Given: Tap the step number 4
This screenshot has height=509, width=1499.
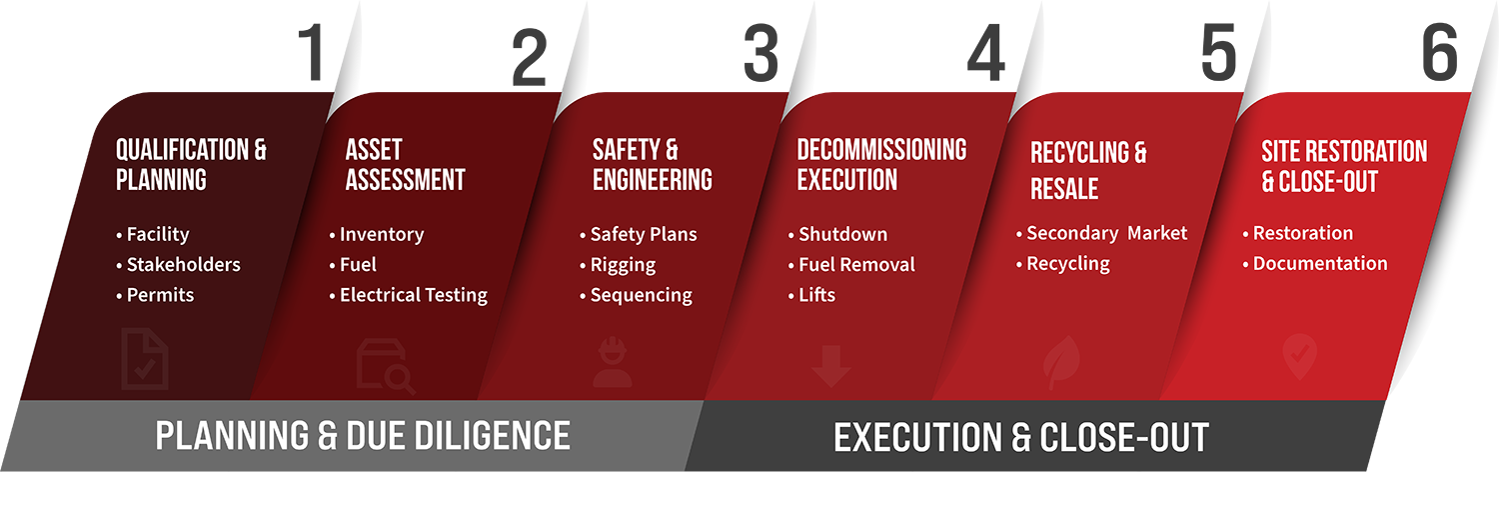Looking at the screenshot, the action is point(986,53).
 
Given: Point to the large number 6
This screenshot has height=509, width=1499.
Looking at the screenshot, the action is point(1439,52).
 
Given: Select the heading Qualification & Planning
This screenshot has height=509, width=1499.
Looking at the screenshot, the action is point(191,165).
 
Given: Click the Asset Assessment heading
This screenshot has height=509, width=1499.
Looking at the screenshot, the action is point(405,165).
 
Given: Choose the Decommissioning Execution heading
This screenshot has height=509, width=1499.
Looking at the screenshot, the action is point(881,165).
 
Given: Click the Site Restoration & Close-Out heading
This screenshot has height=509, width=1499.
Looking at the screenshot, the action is point(1344,166).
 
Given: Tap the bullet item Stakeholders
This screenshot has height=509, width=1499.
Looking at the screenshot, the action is point(178,265).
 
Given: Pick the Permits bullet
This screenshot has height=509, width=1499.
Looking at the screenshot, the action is point(155,295).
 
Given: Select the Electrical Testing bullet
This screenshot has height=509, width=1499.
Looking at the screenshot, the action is point(408,295).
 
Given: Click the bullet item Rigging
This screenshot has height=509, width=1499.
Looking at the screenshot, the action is point(618,265).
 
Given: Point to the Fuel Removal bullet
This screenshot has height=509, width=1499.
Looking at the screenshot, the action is point(851,265).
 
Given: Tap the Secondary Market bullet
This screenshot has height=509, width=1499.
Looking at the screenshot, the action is point(1101,233).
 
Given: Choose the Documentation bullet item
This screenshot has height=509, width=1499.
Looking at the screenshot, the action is point(1315,263).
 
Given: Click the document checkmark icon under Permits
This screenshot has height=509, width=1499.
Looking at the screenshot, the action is point(145,359).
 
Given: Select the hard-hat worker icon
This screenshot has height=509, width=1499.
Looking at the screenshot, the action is point(613,362).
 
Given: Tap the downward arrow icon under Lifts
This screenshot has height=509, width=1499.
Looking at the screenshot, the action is point(830,366).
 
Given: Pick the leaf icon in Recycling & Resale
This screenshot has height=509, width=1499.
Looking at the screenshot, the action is point(1061,362).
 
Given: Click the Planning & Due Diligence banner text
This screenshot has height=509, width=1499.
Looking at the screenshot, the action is point(363,435).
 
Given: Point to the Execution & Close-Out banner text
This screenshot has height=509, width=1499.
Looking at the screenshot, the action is point(1021,437).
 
